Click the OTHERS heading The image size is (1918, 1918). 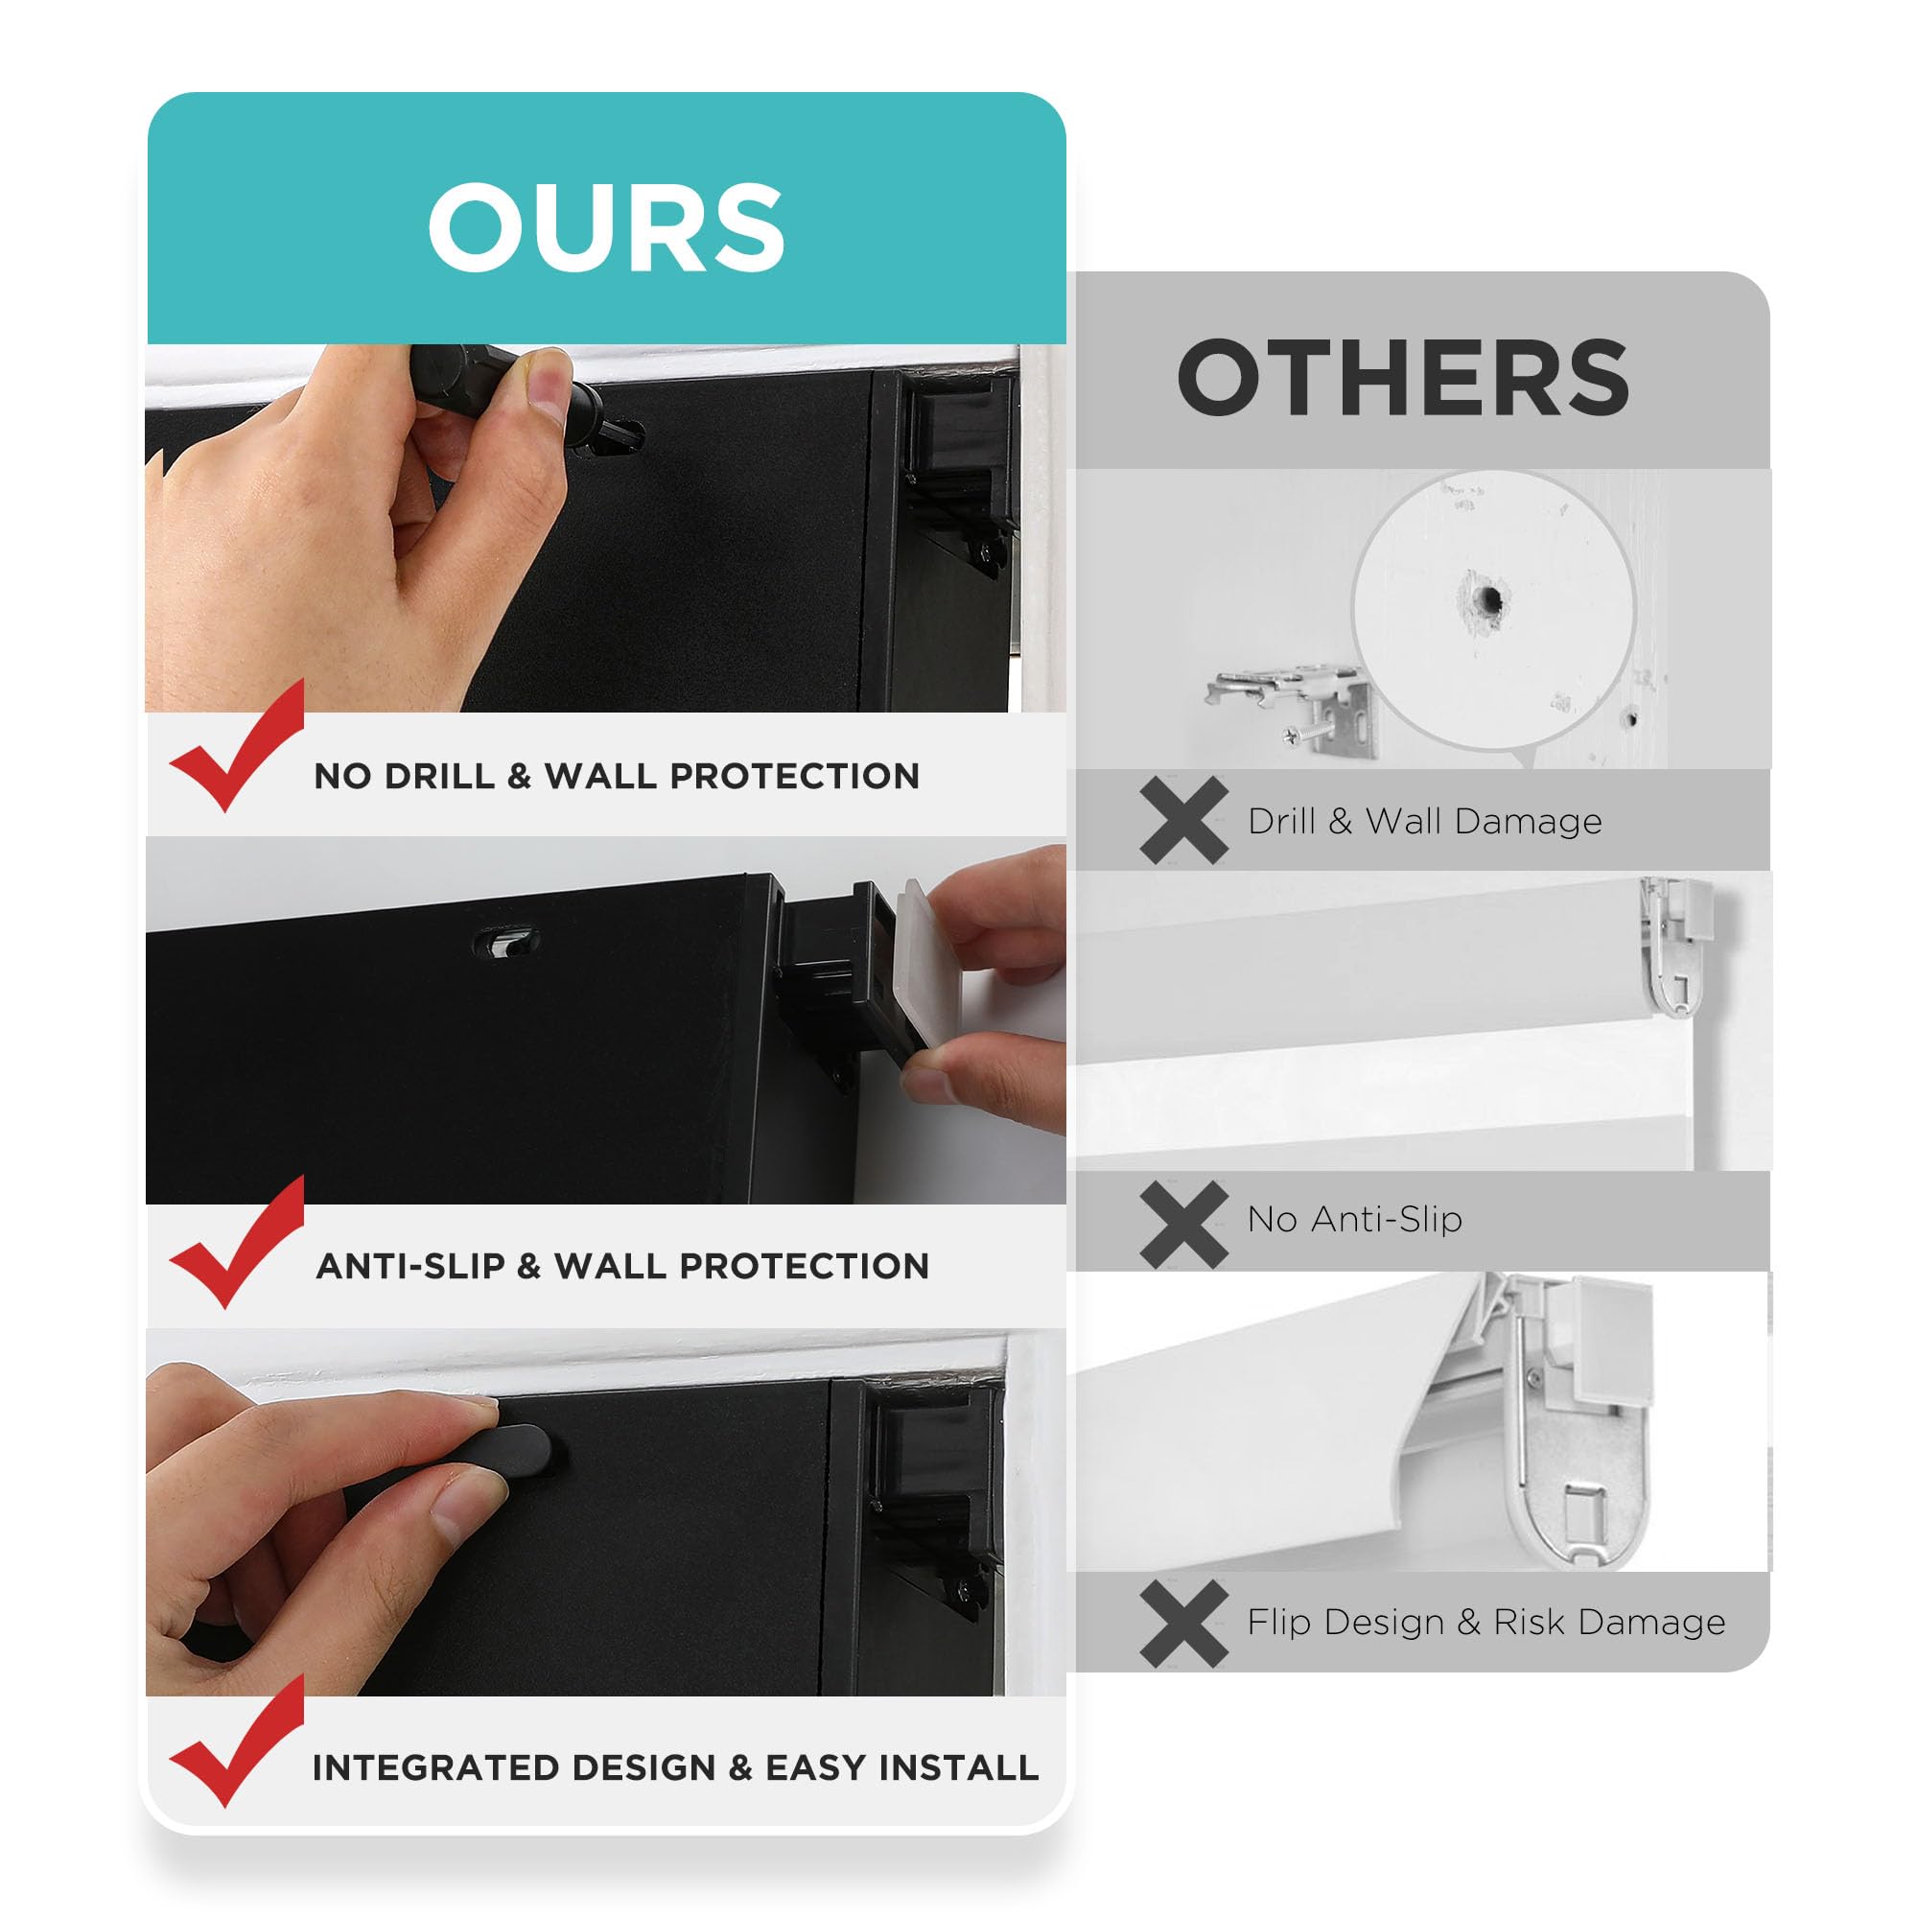click(1403, 377)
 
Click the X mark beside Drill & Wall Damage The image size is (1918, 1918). click(1184, 820)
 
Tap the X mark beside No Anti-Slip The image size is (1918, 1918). click(1184, 1224)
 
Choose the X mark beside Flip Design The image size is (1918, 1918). click(1184, 1624)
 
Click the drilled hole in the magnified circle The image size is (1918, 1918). click(1488, 598)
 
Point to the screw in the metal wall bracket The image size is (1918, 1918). click(1303, 736)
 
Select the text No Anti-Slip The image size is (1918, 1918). click(1354, 1219)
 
